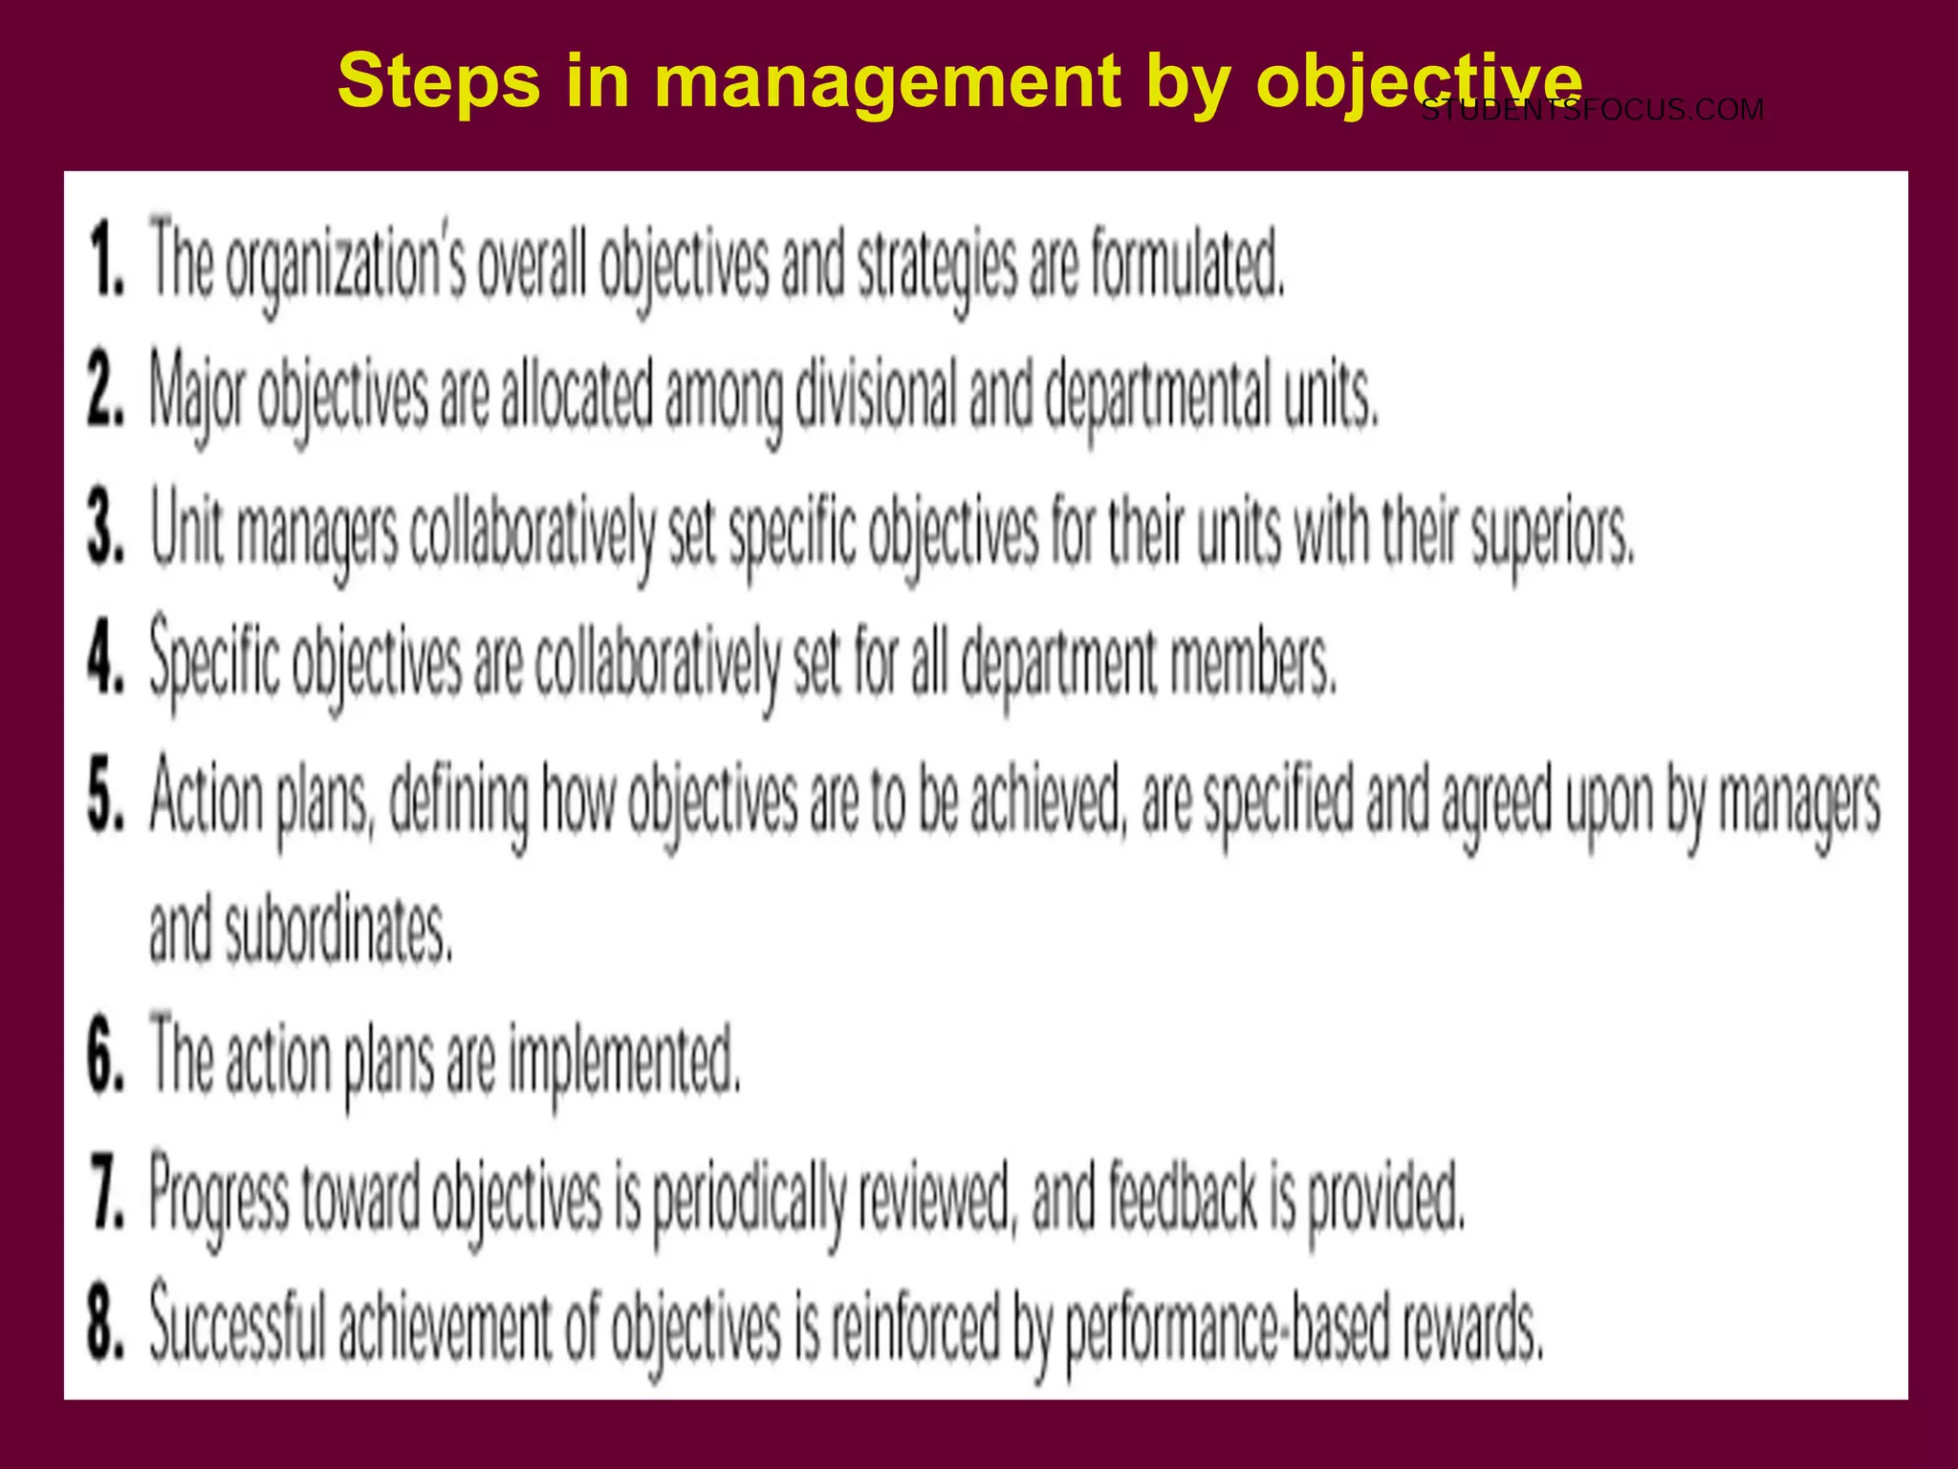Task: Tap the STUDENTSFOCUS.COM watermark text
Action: (x=1592, y=111)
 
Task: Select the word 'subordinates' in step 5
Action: (x=337, y=930)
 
